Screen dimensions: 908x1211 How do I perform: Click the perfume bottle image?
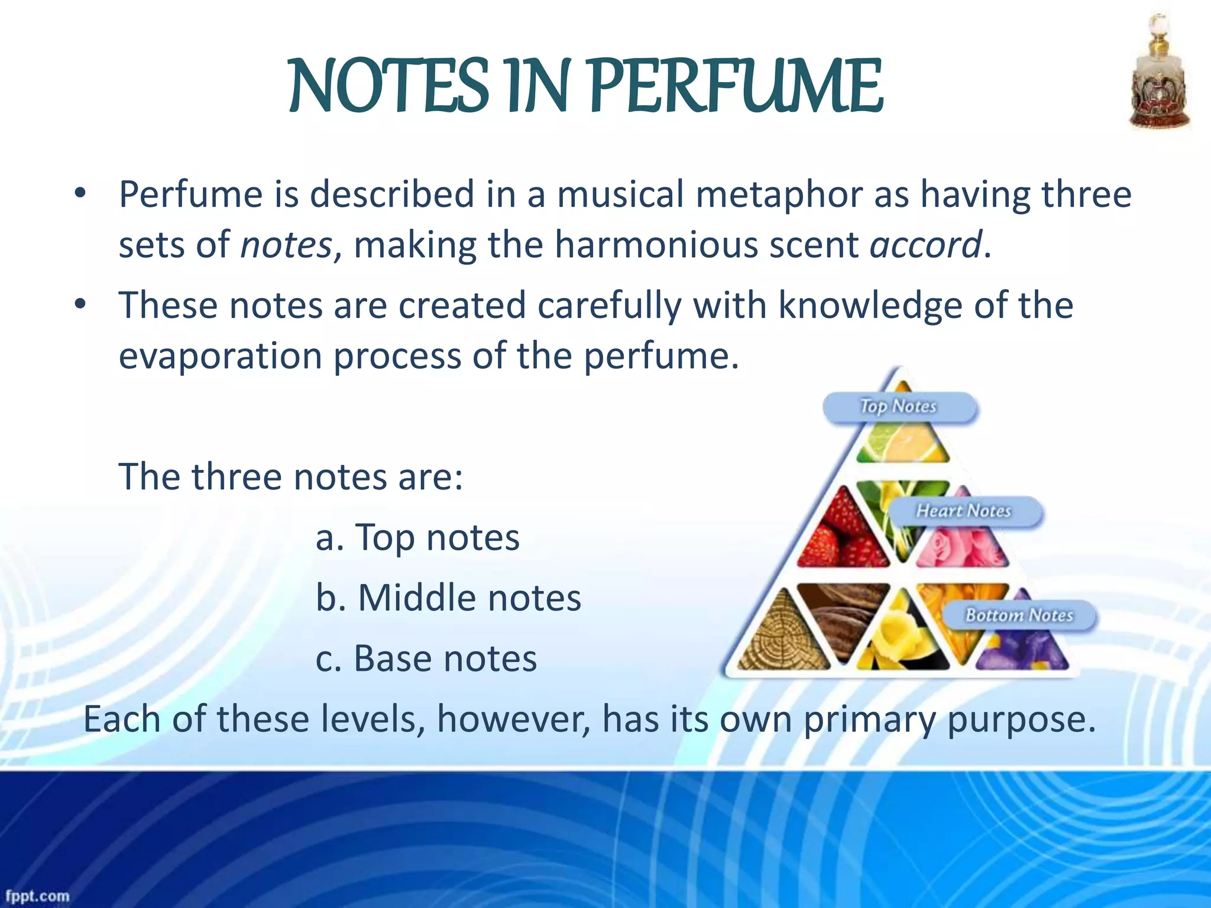coord(1160,74)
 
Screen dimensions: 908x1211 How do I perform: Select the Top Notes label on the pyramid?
coord(899,407)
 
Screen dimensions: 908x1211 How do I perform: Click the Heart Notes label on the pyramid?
coord(964,511)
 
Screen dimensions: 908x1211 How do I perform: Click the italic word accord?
coord(925,245)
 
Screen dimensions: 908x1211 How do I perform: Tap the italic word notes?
coord(286,245)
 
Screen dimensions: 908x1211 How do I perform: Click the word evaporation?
coord(220,356)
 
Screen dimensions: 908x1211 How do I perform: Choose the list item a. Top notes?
coord(417,537)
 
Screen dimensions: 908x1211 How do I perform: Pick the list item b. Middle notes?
coord(448,598)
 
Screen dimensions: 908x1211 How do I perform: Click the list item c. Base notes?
coord(426,658)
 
